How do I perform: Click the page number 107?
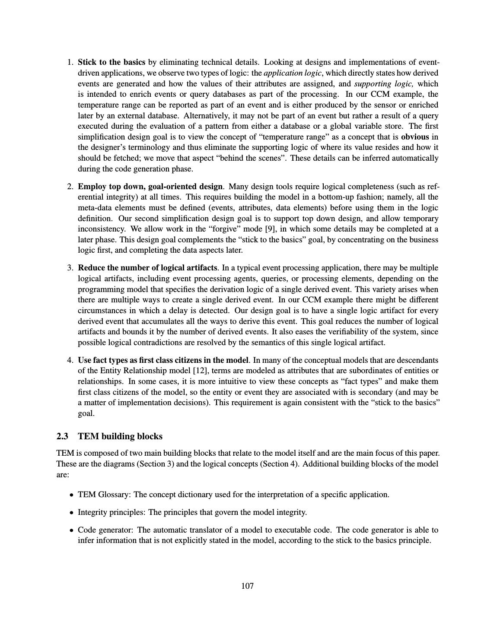point(247,586)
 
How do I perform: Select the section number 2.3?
point(62,436)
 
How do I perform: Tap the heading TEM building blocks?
point(120,436)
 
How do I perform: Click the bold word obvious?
point(415,137)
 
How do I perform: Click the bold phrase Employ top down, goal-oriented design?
point(150,187)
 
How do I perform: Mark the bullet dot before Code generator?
point(71,530)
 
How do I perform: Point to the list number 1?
point(70,62)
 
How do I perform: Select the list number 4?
point(70,360)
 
